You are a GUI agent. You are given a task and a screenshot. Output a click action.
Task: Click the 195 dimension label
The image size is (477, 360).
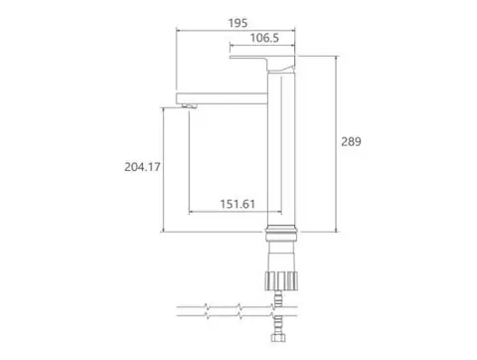[238, 23]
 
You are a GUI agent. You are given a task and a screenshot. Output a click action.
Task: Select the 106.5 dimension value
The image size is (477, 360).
[264, 38]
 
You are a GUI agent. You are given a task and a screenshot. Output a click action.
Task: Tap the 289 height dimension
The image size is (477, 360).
[351, 141]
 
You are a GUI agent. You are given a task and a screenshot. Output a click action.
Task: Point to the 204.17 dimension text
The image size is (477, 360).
[142, 167]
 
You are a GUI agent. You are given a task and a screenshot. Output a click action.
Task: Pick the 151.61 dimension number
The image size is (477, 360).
[238, 204]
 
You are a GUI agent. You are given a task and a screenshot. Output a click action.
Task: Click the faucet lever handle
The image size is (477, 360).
[261, 62]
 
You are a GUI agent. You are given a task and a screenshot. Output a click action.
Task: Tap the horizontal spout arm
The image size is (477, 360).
[222, 98]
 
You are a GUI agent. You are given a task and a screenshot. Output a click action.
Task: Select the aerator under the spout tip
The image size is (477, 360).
[190, 106]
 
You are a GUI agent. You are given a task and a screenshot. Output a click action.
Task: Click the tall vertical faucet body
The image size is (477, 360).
[281, 149]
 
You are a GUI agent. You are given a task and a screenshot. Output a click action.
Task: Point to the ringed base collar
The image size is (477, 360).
[281, 233]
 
